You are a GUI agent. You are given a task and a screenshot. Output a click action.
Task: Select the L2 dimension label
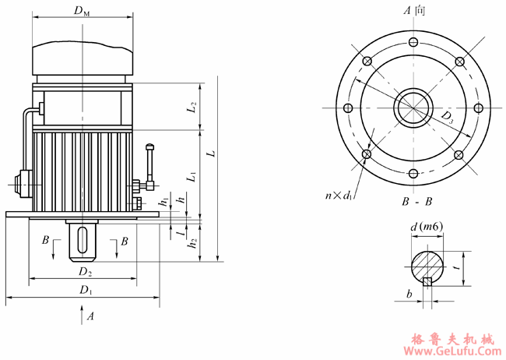point(192,108)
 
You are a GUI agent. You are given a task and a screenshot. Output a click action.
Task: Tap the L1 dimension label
point(192,177)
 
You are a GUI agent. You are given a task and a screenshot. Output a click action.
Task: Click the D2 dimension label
point(84,273)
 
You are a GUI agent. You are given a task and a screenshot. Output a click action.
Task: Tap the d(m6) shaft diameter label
point(427,227)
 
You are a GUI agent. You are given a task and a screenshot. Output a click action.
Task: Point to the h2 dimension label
point(192,242)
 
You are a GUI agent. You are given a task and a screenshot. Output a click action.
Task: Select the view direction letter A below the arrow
point(91,316)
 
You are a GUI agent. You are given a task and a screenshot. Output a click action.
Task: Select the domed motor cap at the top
point(82,55)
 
